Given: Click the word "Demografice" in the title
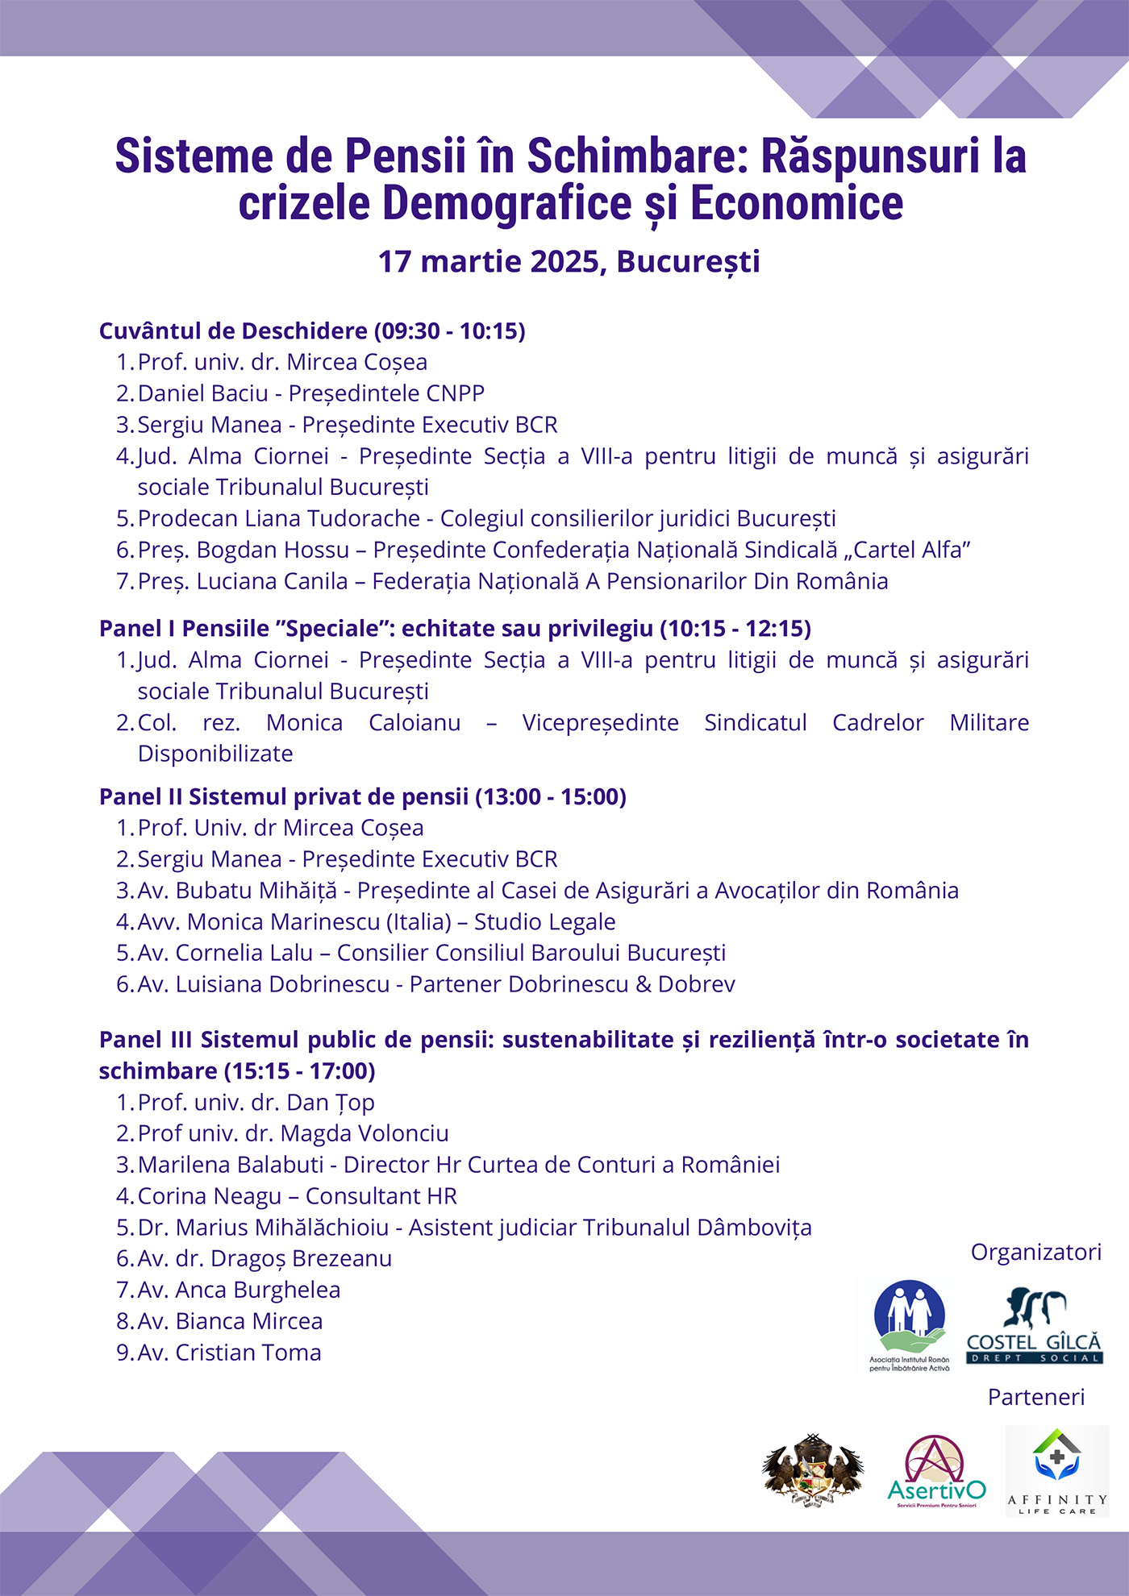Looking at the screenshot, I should pos(507,203).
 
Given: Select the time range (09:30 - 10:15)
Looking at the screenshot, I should pos(450,331).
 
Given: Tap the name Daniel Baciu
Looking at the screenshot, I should pos(202,393).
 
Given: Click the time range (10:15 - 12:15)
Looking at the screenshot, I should pos(735,629).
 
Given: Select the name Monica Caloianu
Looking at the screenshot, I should pos(363,722).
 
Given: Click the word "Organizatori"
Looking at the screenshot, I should pos(1035,1253).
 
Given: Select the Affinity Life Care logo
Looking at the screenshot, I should pos(1056,1471).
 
